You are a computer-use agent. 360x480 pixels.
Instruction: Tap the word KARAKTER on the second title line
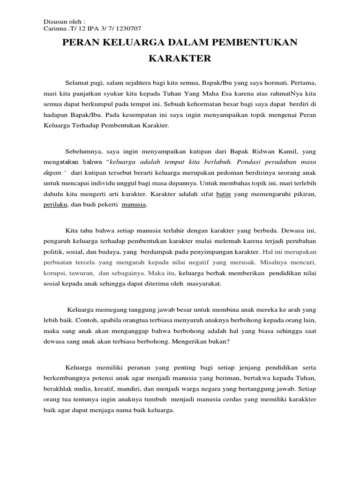180,59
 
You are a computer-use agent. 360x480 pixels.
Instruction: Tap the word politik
54,250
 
